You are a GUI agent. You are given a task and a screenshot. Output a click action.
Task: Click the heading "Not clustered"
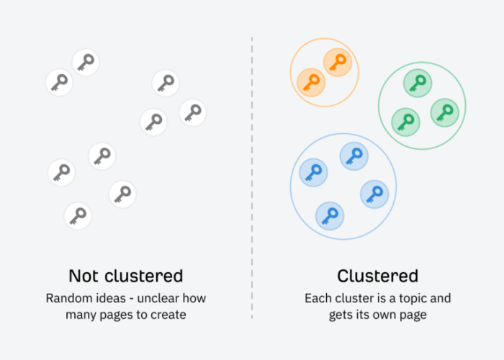[126, 276]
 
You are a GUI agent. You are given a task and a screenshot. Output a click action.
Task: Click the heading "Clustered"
[377, 276]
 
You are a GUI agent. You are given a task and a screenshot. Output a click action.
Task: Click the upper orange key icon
[337, 63]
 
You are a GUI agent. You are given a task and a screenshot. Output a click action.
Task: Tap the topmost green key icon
[417, 84]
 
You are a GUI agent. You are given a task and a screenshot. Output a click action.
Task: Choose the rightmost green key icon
[444, 112]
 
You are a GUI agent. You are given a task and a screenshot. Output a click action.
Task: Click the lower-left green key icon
[405, 120]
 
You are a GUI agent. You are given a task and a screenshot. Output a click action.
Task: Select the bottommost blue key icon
[330, 215]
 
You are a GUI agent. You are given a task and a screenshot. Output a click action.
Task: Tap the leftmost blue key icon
[313, 173]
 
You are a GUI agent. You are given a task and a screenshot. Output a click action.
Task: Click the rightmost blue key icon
[374, 193]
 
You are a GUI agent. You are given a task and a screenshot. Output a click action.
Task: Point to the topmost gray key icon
[86, 63]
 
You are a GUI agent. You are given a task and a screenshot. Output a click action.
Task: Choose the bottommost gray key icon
[78, 215]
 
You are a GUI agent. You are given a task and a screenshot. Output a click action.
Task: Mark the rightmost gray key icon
[192, 112]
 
